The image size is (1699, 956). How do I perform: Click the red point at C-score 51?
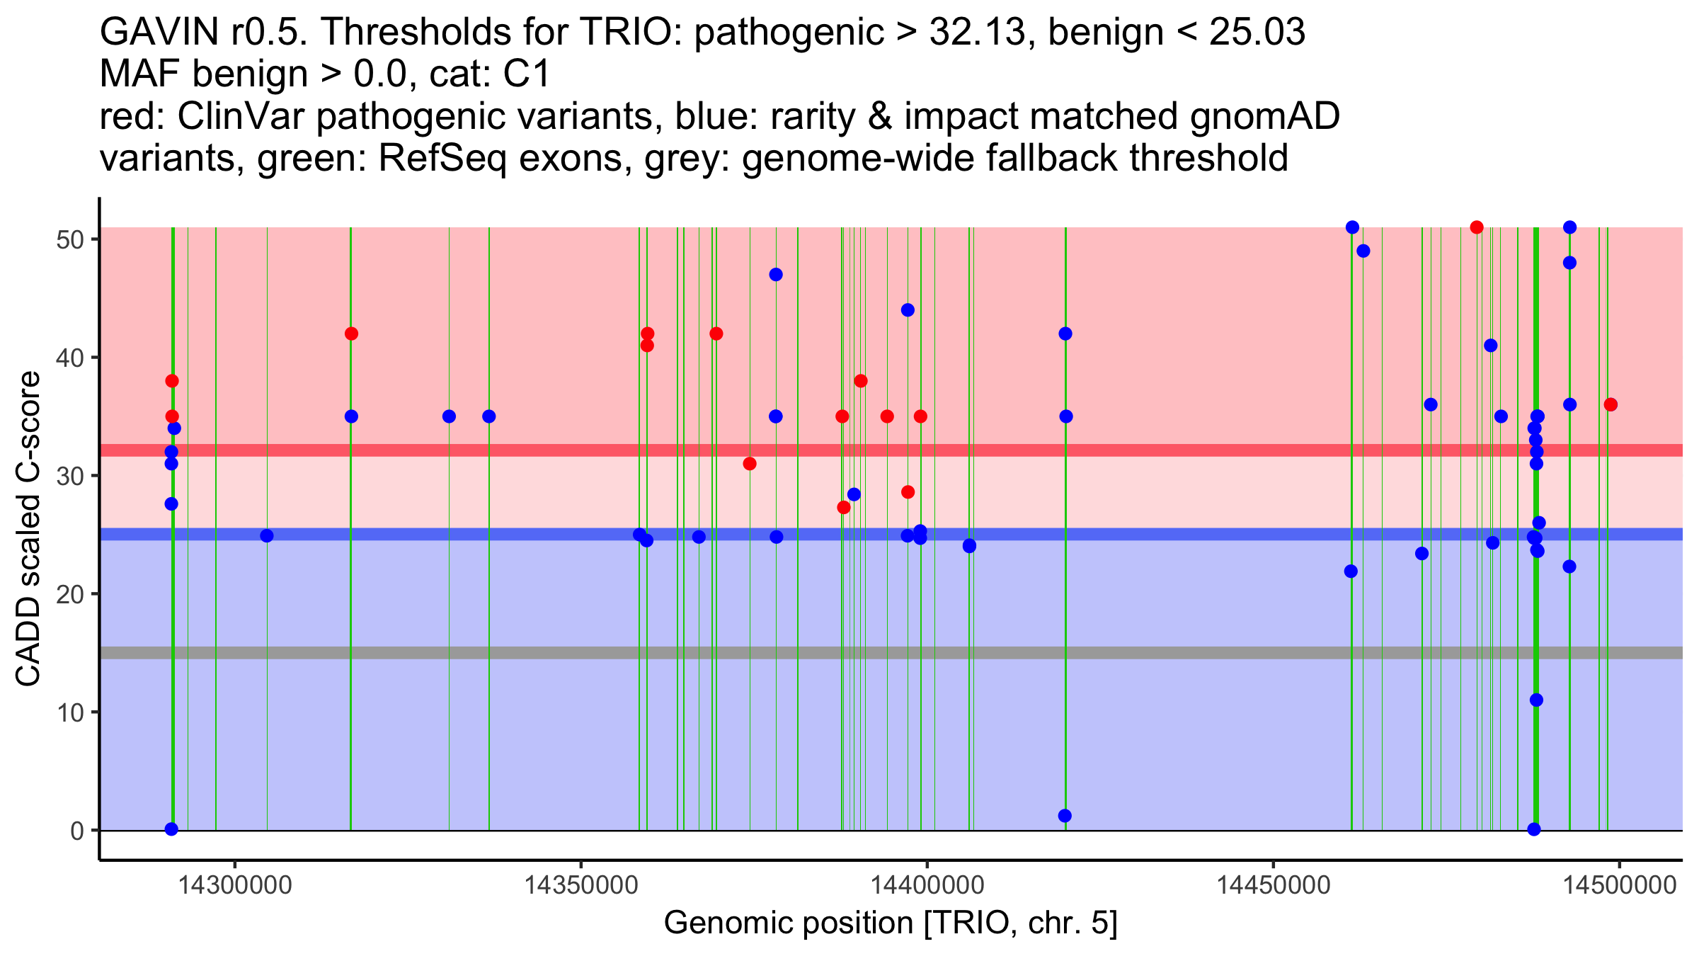[1477, 227]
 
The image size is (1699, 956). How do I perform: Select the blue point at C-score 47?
[776, 275]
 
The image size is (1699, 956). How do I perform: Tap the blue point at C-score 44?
[908, 310]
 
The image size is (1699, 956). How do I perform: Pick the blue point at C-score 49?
[1363, 251]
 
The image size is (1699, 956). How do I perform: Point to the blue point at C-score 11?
[1536, 700]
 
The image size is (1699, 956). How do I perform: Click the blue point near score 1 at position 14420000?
[1065, 816]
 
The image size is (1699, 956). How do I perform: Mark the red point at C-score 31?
[750, 464]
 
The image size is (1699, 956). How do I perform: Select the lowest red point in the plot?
[843, 507]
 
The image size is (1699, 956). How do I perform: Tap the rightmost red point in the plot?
[1611, 405]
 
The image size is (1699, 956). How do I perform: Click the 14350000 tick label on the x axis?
[580, 886]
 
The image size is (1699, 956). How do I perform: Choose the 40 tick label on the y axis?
[70, 358]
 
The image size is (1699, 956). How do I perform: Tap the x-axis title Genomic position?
[891, 924]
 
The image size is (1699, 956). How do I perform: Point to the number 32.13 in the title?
[977, 32]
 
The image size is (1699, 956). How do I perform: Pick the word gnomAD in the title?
[1264, 116]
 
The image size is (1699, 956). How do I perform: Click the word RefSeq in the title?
[442, 158]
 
